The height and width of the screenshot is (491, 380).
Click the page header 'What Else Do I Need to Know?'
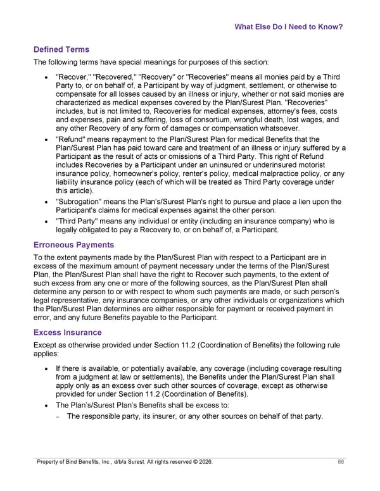[x=288, y=27]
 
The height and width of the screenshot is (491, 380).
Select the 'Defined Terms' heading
[x=61, y=49]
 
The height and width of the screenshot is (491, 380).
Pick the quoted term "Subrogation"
[x=80, y=202]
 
